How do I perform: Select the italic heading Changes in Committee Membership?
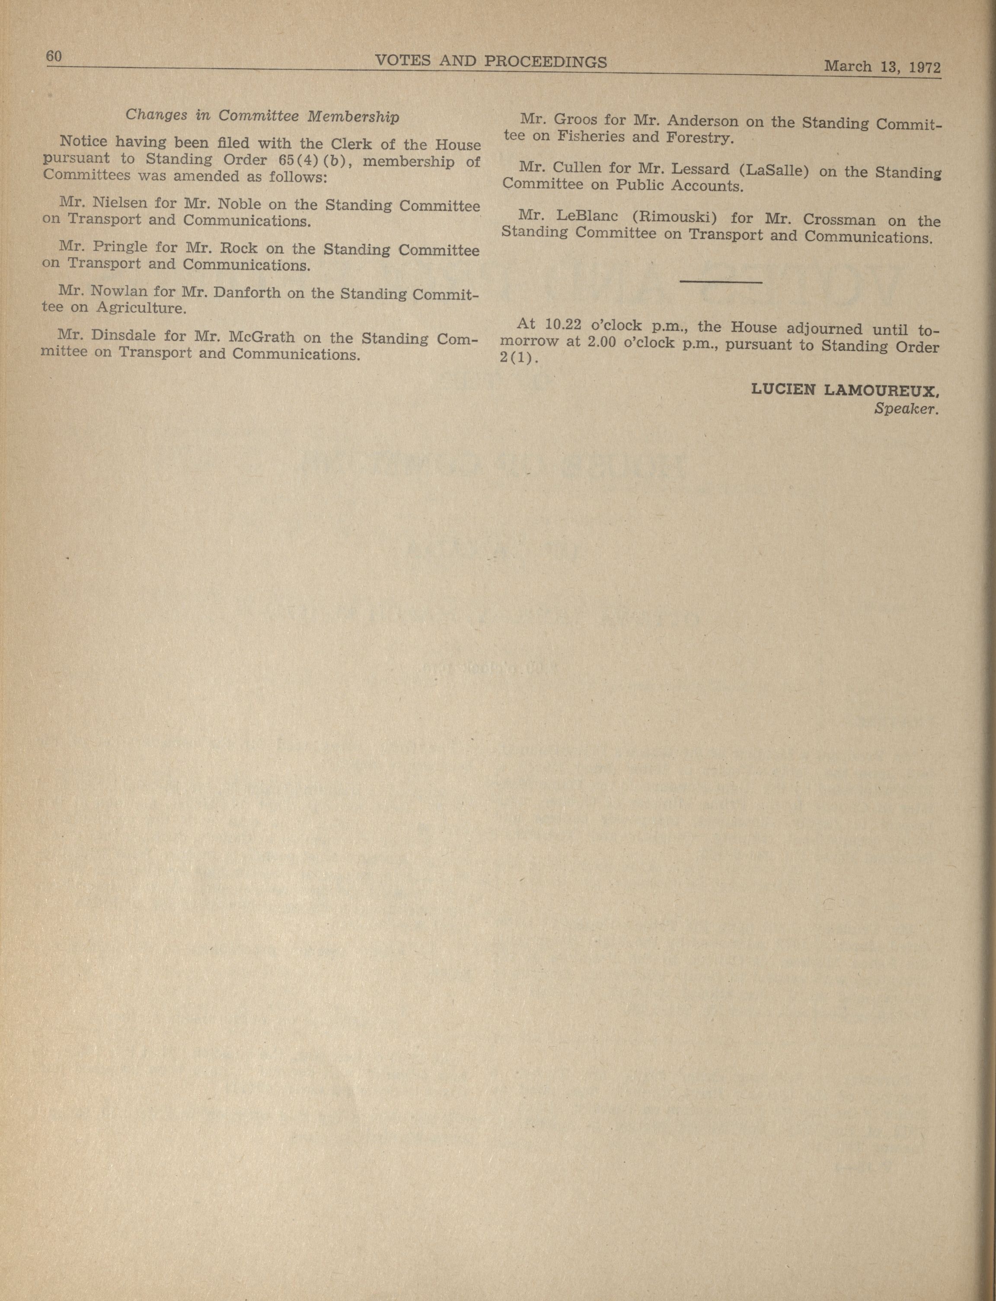[262, 115]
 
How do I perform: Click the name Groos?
[575, 119]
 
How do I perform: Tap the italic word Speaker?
[907, 409]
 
